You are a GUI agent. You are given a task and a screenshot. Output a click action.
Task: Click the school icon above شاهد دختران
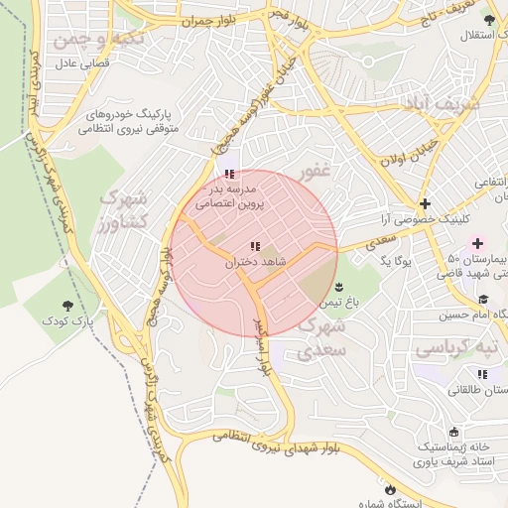tap(255, 246)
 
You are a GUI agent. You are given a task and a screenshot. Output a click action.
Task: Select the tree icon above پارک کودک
tap(67, 307)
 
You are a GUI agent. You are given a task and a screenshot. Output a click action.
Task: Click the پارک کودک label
tap(66, 322)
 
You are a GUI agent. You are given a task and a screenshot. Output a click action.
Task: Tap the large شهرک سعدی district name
tap(322, 337)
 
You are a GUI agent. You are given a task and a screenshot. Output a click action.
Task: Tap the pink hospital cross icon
tap(477, 243)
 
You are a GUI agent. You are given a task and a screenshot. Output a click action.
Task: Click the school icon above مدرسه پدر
tap(230, 174)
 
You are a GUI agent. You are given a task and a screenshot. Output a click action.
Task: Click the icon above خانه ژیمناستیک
tap(453, 432)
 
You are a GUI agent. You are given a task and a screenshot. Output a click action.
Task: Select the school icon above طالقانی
tap(482, 374)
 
